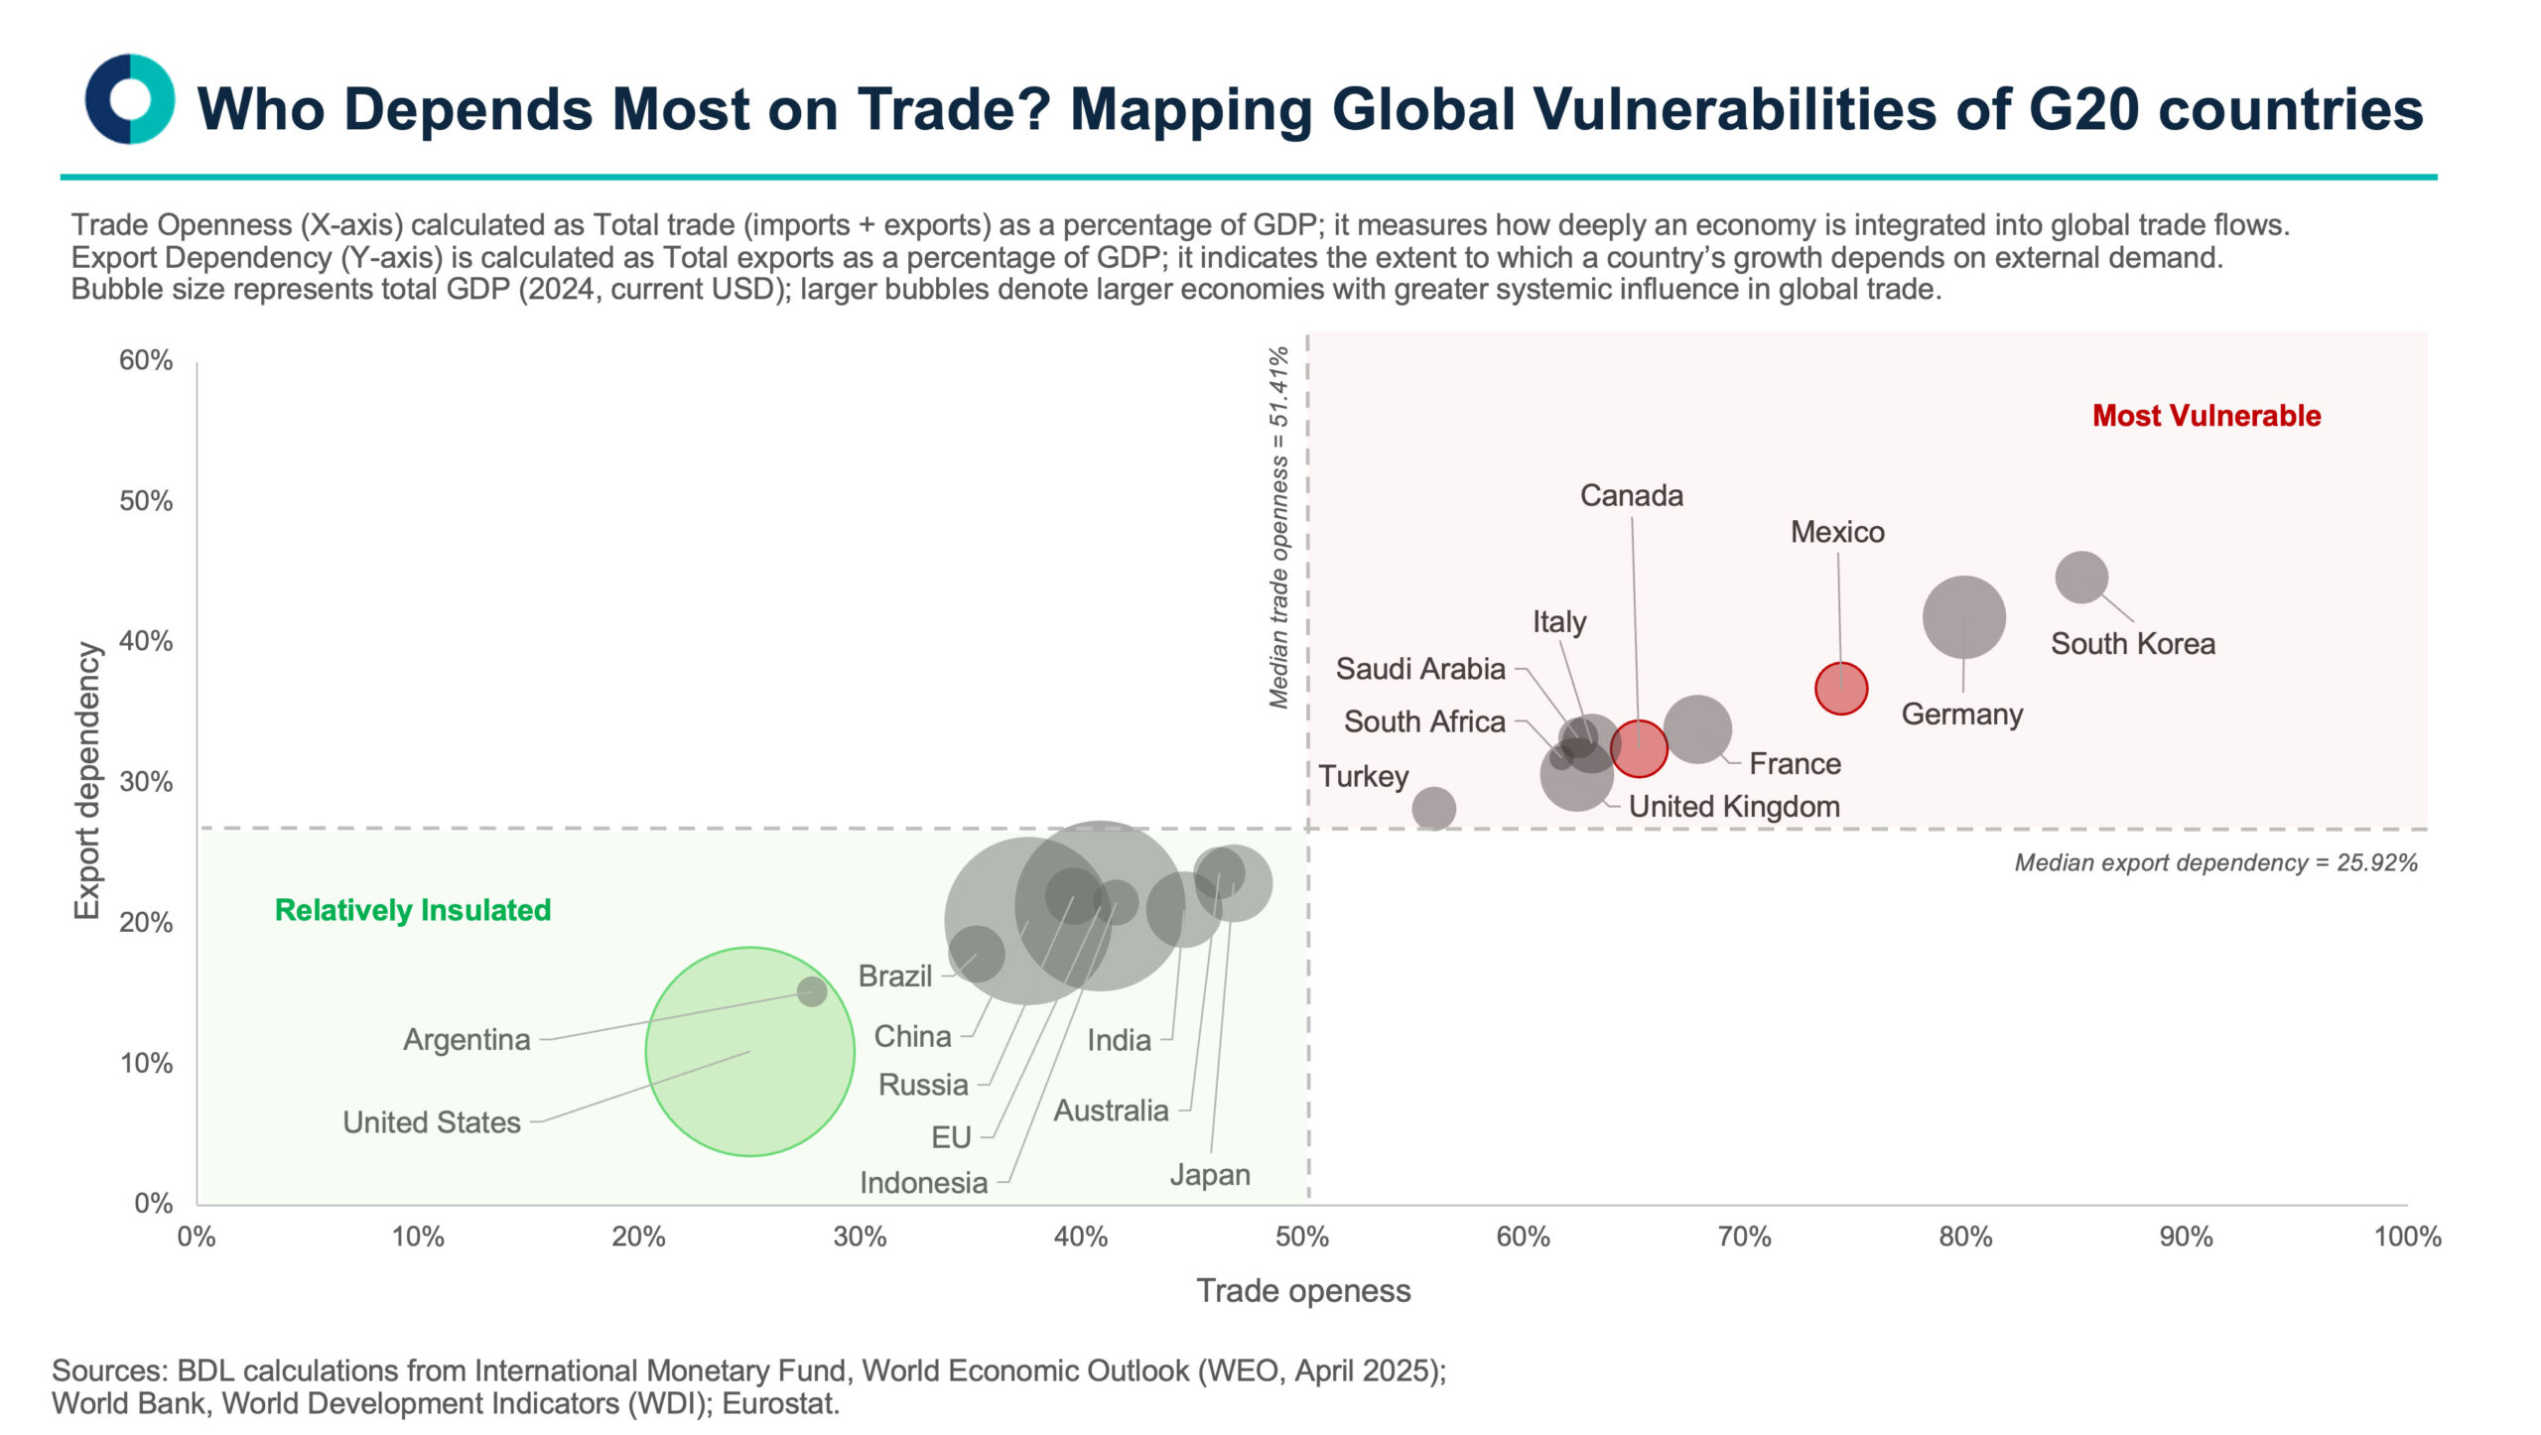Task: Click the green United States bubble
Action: (x=749, y=1051)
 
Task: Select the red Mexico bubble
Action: (x=1840, y=688)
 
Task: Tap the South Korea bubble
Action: (x=2080, y=577)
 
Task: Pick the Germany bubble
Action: (x=1963, y=616)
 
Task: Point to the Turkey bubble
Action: (x=1433, y=808)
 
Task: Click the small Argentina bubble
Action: (x=812, y=990)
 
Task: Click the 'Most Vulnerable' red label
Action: (x=2206, y=416)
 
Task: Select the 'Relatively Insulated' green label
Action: (x=413, y=910)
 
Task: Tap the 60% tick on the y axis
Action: (x=146, y=360)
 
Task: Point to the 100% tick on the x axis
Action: (x=2406, y=1237)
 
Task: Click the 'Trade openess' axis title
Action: (x=1302, y=1290)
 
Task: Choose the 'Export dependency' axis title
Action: (x=87, y=780)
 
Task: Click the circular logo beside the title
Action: (x=129, y=99)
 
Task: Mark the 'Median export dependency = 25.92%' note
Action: (x=2215, y=862)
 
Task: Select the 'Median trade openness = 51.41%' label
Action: (x=1278, y=527)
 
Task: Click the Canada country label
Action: (x=1631, y=495)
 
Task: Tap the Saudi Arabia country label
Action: (x=1419, y=669)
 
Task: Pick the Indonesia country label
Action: (x=923, y=1182)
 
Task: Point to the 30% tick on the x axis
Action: (x=860, y=1237)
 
